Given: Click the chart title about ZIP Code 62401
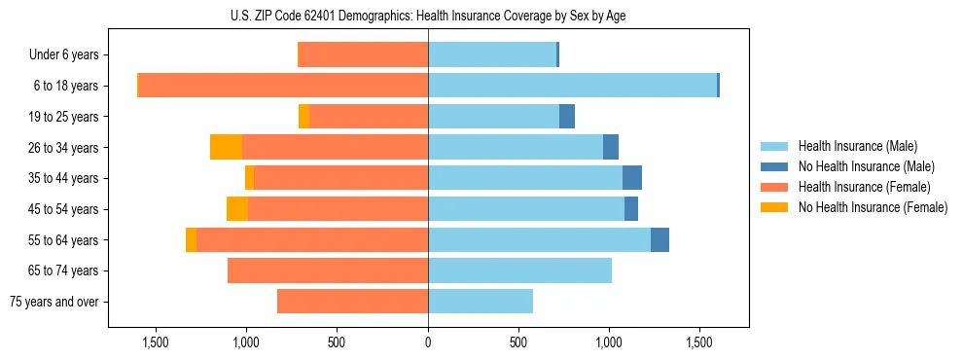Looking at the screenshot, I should [428, 16].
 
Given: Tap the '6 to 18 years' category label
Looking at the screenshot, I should [66, 86].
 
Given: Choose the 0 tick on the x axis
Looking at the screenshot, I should [428, 342].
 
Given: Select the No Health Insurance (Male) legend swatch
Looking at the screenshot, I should [775, 166].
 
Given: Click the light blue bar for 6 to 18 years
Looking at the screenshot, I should [572, 86].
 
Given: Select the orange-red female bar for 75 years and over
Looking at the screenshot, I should [352, 302].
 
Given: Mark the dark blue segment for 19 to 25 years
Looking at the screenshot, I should [567, 117].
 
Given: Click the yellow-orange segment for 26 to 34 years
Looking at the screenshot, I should [226, 147].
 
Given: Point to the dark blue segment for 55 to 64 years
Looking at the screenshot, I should [660, 239].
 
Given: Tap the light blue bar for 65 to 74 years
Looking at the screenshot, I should [519, 270].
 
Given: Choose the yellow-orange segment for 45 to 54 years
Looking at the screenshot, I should [237, 209].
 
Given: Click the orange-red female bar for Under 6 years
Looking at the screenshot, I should [363, 55].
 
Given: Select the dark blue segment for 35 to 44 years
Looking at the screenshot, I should [632, 178].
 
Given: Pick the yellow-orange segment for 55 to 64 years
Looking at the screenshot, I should [191, 239].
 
